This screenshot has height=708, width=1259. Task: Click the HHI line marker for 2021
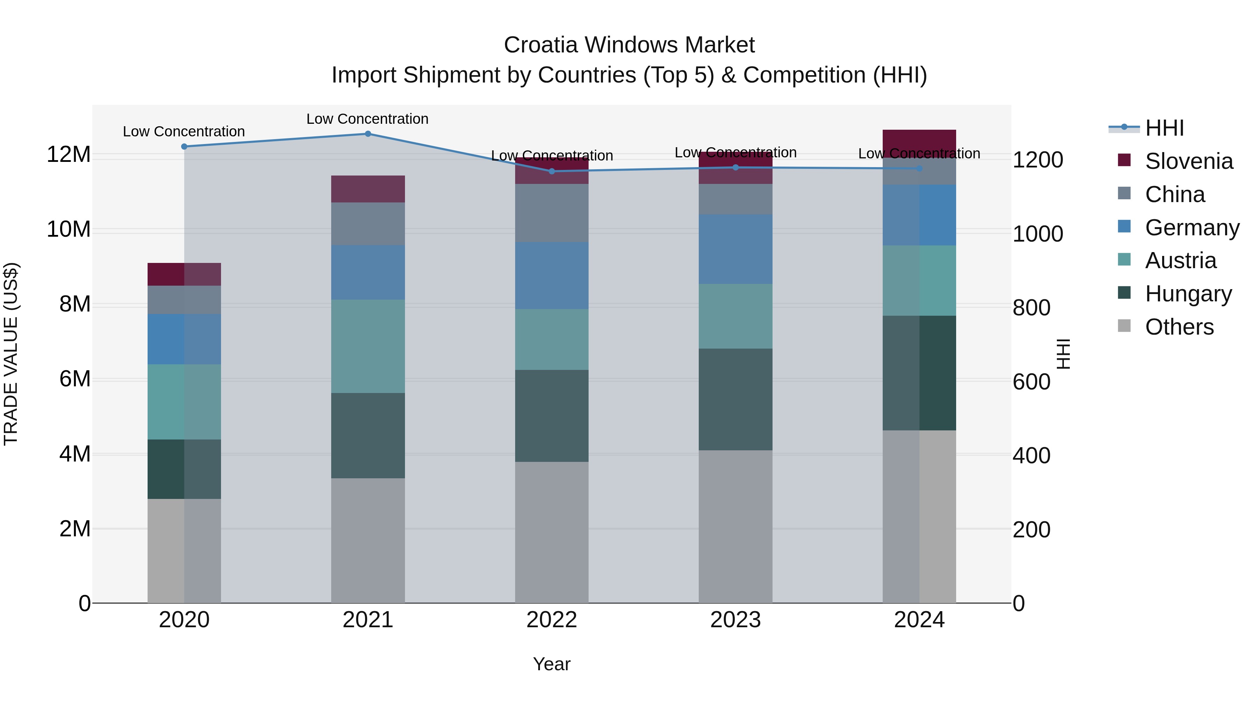point(368,134)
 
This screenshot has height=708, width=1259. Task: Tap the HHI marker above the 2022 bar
point(552,171)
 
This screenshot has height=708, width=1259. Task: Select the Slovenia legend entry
point(1189,161)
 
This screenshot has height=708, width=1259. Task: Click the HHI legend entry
point(1164,128)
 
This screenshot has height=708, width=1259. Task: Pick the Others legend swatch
point(1124,326)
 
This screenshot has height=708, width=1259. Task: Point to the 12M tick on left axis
point(69,155)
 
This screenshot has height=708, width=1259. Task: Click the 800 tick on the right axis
point(1031,308)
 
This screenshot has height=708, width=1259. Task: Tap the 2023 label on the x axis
point(735,620)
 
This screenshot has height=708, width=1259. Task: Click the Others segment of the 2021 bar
point(368,540)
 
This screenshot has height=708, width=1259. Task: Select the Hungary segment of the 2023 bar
point(735,399)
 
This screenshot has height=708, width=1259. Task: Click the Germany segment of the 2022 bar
point(552,276)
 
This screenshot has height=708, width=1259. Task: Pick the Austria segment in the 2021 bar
point(368,346)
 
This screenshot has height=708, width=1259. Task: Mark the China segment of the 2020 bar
point(184,300)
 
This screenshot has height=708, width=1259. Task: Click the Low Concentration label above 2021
point(368,119)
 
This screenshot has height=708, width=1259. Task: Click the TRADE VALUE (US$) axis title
point(11,354)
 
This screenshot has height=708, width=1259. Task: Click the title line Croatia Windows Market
point(629,45)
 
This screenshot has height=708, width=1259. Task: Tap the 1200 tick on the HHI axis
point(1038,160)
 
